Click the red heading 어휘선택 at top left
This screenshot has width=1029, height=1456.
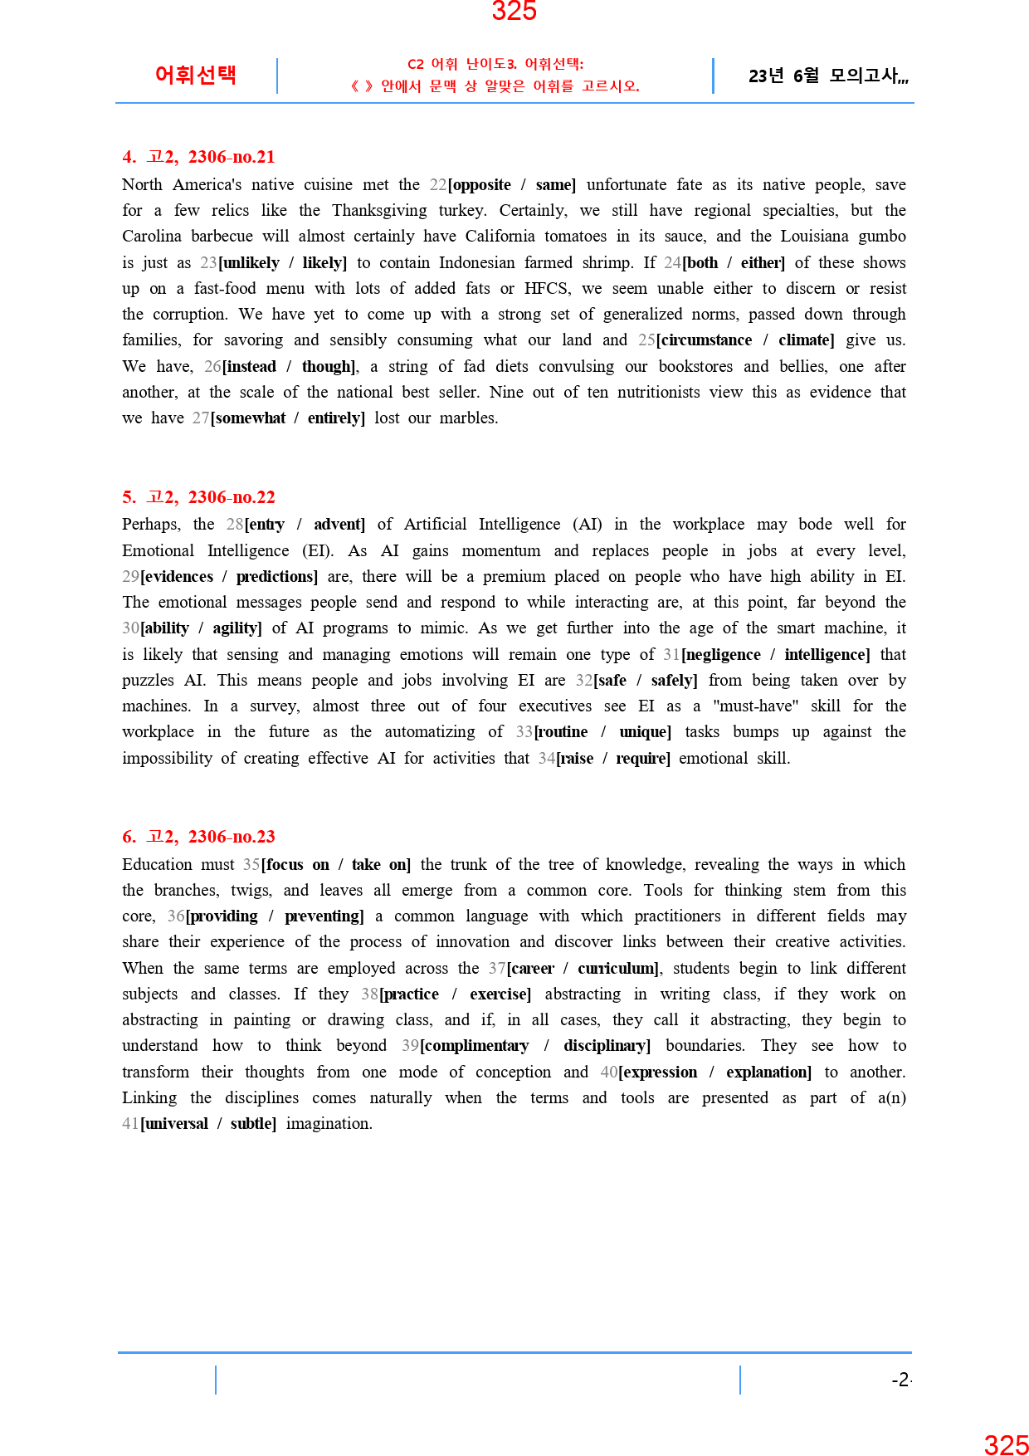196,75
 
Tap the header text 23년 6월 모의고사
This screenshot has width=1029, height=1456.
827,76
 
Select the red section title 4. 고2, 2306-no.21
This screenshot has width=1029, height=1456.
198,157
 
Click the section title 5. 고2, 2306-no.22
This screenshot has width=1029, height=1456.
198,497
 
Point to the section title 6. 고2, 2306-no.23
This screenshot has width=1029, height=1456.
198,837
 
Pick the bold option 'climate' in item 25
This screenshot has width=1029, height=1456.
805,340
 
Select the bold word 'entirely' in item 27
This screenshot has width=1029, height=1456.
335,418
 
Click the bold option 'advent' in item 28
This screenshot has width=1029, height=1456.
339,524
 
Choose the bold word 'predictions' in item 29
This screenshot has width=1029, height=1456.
276,576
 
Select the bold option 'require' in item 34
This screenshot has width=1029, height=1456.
641,758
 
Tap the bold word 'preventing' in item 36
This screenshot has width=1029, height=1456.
323,916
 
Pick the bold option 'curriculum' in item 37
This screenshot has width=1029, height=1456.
618,968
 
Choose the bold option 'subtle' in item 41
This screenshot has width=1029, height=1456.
252,1123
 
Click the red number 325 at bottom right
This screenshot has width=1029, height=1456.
1006,1445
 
